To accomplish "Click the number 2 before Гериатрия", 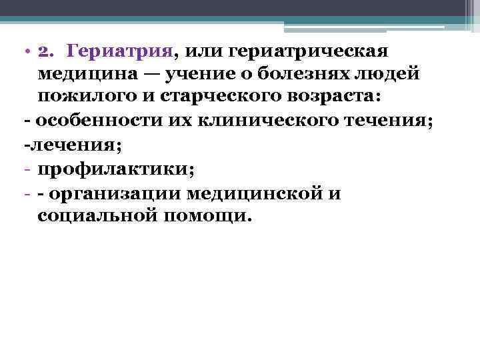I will pos(44,51).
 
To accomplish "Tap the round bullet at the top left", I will pos(25,51).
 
